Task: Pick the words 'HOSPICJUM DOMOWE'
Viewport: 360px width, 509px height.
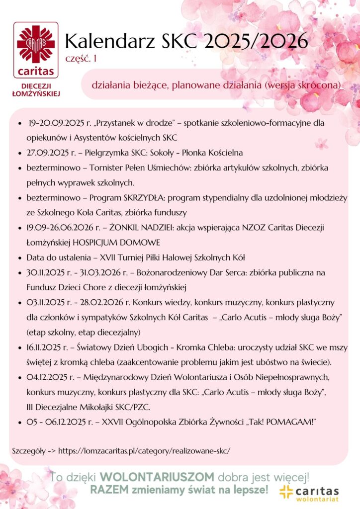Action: click(x=119, y=243)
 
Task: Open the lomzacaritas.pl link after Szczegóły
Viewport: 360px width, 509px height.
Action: click(x=144, y=451)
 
